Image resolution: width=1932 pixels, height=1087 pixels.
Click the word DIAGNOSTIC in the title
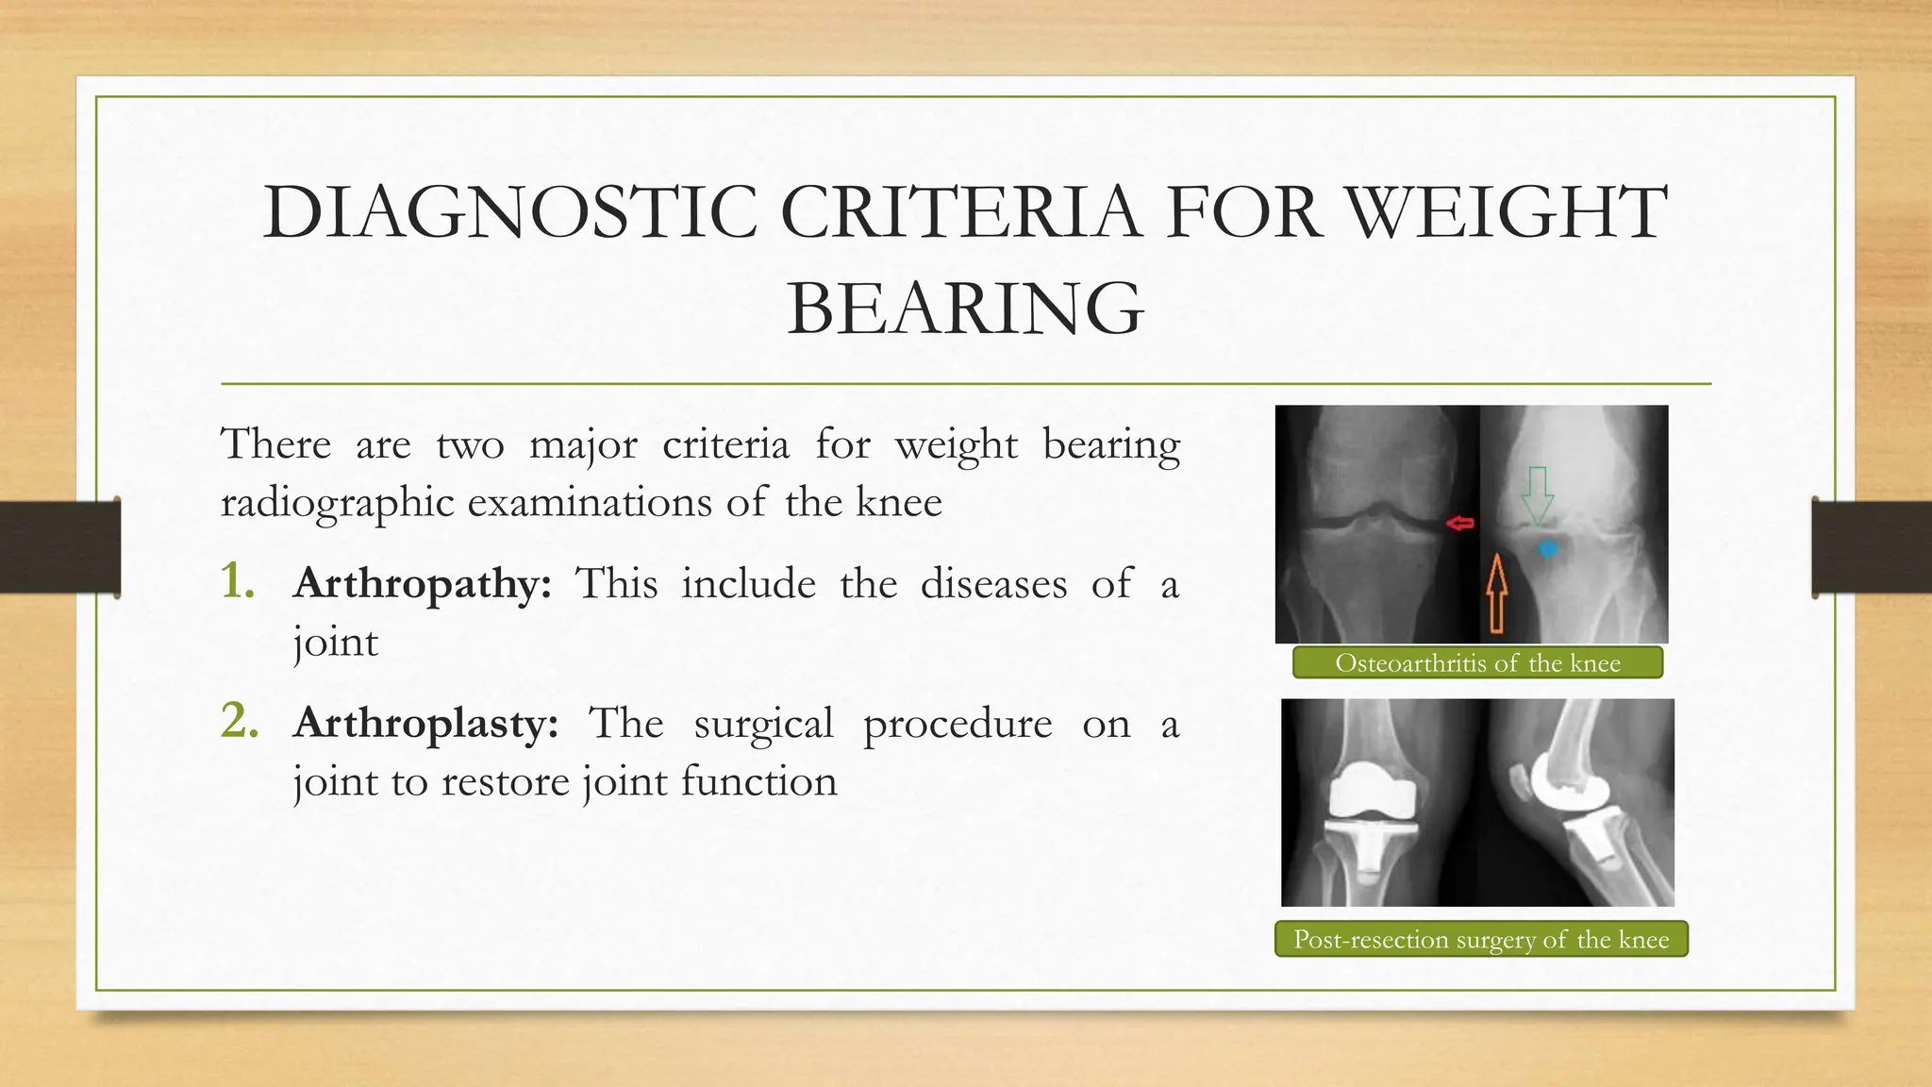click(509, 212)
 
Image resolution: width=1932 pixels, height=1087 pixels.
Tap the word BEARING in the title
click(965, 309)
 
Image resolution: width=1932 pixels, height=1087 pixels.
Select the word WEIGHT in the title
click(1507, 212)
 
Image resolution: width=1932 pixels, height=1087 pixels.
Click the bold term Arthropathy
click(422, 584)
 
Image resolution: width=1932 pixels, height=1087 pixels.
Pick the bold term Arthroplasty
click(425, 724)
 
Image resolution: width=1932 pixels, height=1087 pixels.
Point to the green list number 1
click(238, 581)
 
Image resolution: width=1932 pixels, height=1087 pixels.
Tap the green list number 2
click(240, 721)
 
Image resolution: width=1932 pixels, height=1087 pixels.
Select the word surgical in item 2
click(763, 724)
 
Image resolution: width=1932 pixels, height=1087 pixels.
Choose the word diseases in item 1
click(993, 584)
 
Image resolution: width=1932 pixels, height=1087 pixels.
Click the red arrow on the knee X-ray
click(1460, 523)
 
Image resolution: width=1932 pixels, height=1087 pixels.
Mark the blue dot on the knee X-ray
click(1548, 548)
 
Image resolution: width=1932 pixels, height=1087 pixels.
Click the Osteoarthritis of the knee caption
click(1477, 663)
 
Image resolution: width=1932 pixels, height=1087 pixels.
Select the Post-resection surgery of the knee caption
click(1481, 940)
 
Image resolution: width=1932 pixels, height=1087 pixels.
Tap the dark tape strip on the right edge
click(1872, 547)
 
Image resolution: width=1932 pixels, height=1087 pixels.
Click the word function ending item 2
click(758, 782)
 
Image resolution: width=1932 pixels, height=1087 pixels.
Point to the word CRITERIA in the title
click(960, 212)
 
